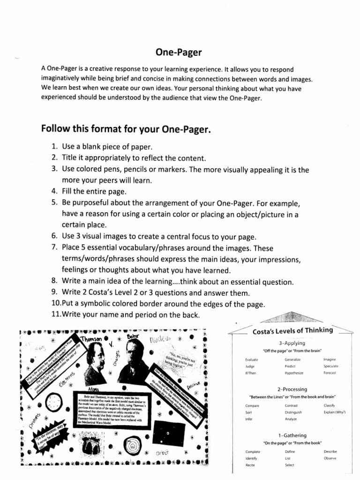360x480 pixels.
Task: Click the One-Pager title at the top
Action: click(180, 53)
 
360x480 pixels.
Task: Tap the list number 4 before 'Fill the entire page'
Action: click(54, 191)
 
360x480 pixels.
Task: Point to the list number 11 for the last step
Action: click(56, 314)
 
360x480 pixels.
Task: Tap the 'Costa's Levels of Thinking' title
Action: click(292, 330)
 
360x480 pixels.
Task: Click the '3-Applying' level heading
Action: click(292, 343)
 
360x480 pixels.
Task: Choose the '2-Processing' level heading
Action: click(292, 389)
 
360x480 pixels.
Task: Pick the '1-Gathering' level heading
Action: click(292, 435)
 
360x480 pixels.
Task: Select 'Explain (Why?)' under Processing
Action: click(334, 412)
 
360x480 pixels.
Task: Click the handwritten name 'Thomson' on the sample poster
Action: click(91, 339)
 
